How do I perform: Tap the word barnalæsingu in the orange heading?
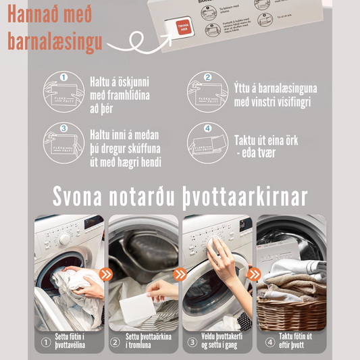[55, 41]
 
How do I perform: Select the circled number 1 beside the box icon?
[63, 78]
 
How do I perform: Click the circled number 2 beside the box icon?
[207, 78]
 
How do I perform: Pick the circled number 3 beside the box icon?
[63, 128]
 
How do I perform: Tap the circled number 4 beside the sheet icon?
[207, 128]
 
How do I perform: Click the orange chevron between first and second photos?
[105, 274]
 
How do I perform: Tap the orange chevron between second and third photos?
[180, 274]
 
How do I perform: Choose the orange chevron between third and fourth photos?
[254, 274]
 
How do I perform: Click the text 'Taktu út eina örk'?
[266, 140]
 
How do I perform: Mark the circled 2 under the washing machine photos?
[115, 342]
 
